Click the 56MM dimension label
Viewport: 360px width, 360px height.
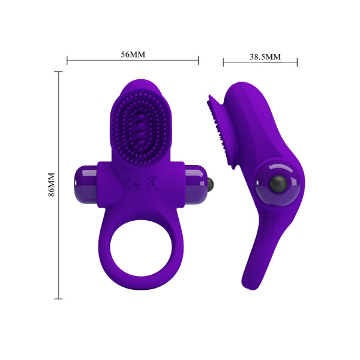(133, 55)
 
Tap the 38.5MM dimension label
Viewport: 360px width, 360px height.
(265, 57)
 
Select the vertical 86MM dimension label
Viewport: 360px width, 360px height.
(52, 185)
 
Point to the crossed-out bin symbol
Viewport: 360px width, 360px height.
(151, 184)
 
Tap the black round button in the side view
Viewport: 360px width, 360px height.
(278, 184)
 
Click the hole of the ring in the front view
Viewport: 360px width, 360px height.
(141, 248)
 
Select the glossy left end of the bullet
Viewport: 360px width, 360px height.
(86, 184)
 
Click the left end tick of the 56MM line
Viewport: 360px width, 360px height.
(67, 61)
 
